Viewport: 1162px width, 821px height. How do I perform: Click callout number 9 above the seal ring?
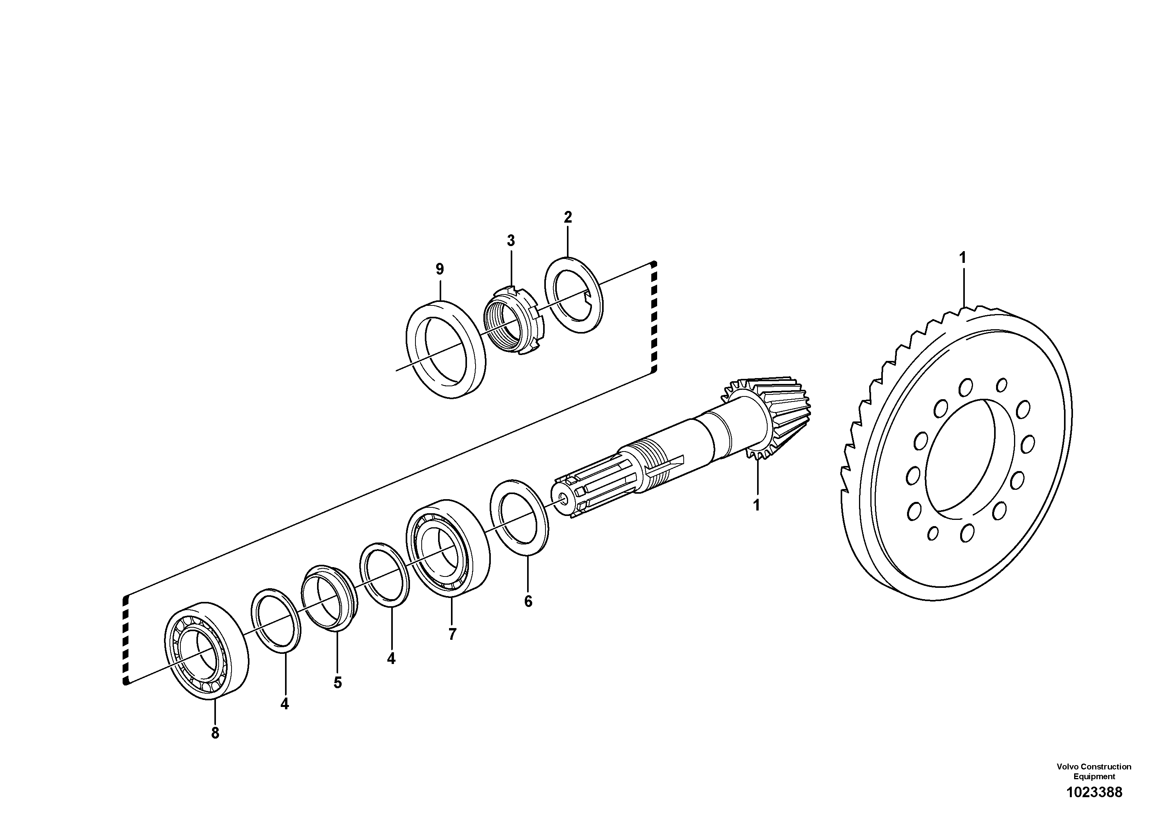pyautogui.click(x=439, y=269)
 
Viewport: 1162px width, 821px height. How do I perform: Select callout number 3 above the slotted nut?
pyautogui.click(x=511, y=241)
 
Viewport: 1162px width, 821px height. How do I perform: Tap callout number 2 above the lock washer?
pyautogui.click(x=568, y=218)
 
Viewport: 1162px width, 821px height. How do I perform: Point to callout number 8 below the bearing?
pyautogui.click(x=215, y=733)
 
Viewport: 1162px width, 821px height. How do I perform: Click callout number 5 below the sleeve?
pyautogui.click(x=338, y=683)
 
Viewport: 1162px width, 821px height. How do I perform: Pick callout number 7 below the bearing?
pyautogui.click(x=452, y=634)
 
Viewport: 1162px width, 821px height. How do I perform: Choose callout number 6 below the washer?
pyautogui.click(x=528, y=601)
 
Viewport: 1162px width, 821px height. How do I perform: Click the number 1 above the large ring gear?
pyautogui.click(x=962, y=258)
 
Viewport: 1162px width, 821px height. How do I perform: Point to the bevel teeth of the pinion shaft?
pyautogui.click(x=779, y=415)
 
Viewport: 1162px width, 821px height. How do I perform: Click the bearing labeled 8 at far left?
pyautogui.click(x=207, y=651)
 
